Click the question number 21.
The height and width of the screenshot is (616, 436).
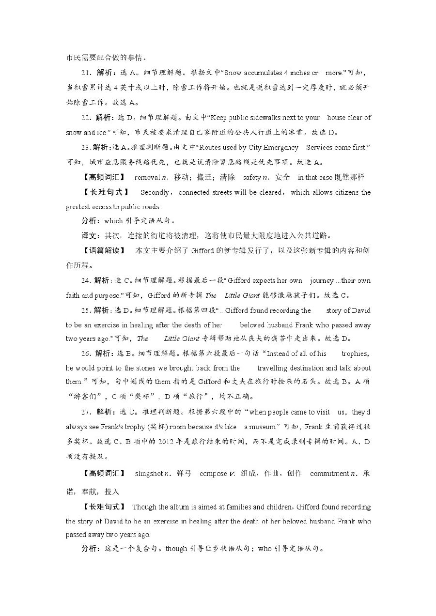(86, 73)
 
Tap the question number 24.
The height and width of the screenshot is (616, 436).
(86, 280)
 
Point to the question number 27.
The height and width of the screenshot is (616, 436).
(86, 412)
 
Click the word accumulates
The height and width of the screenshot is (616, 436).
(263, 73)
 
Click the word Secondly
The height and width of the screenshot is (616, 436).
(155, 192)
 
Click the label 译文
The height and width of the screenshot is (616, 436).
(89, 236)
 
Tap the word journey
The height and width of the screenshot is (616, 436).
(322, 280)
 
